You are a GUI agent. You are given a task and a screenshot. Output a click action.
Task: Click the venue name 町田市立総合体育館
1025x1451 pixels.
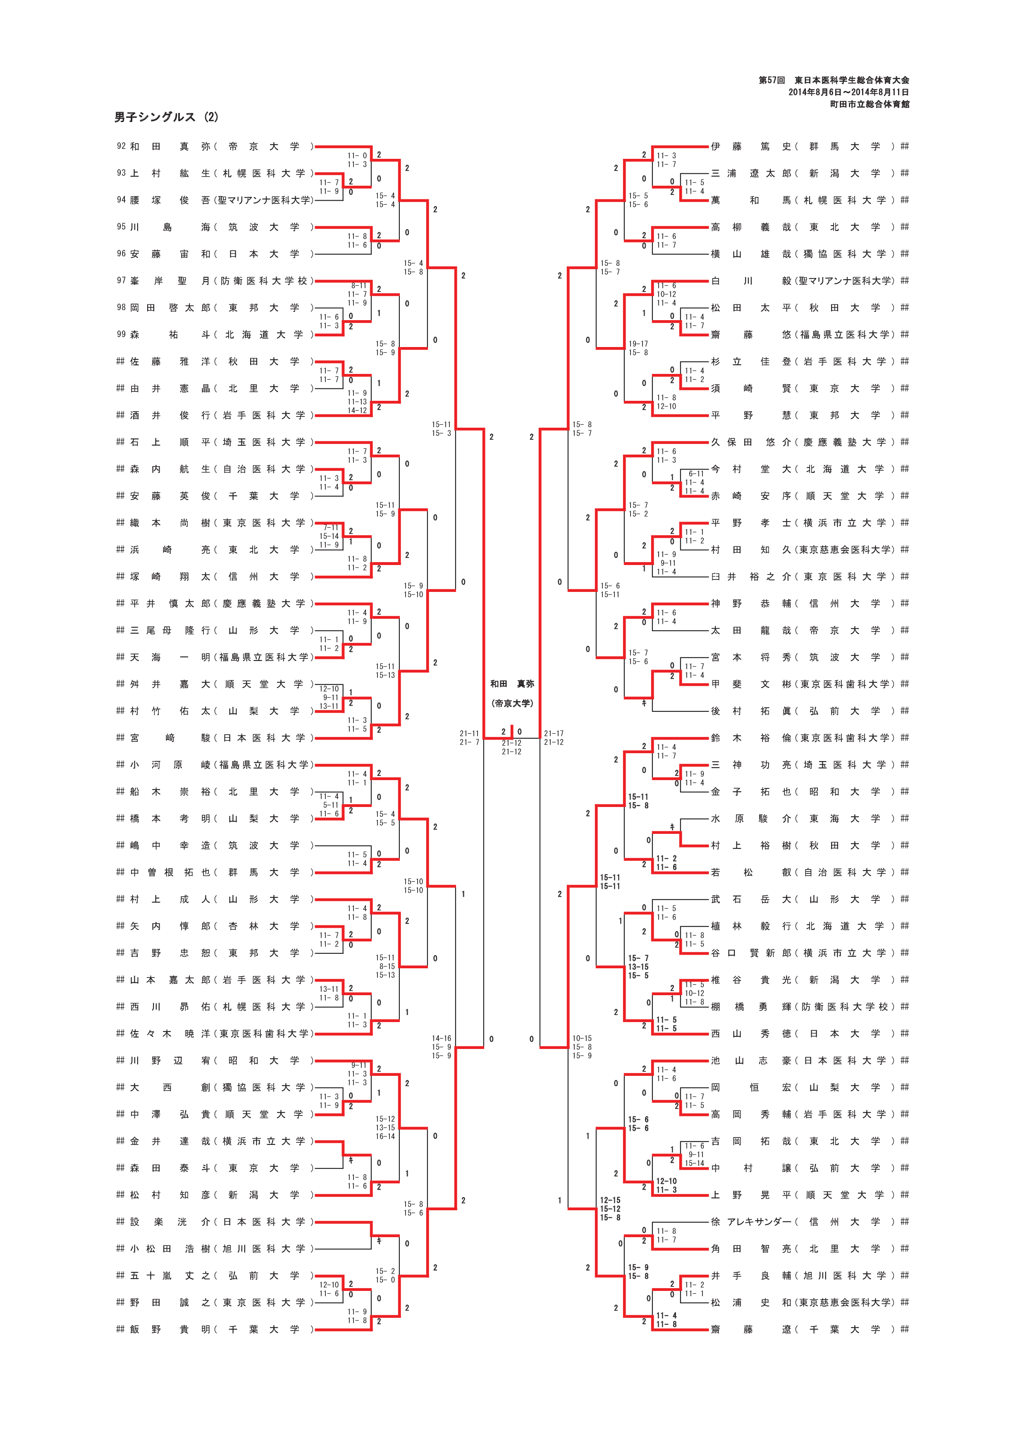tap(869, 104)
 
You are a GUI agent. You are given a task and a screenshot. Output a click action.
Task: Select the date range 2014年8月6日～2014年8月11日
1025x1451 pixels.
tap(848, 92)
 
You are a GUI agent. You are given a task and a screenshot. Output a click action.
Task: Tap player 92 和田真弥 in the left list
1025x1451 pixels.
tap(215, 146)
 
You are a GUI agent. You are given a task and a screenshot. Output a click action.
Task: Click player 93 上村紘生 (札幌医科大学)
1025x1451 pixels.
tap(215, 173)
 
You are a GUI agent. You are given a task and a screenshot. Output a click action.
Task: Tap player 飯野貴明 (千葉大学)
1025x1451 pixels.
tap(215, 1329)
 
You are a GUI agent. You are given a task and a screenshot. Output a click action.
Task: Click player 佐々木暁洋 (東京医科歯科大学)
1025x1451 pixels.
tap(215, 1033)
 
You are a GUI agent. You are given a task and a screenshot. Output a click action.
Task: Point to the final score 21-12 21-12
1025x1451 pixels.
tap(511, 747)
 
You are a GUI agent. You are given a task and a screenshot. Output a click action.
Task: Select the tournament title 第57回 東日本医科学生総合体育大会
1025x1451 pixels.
tap(834, 80)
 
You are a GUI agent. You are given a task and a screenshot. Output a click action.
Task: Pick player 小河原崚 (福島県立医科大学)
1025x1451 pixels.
tap(215, 765)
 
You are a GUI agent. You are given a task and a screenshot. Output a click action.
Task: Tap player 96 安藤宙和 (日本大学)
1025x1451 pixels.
tap(215, 254)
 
